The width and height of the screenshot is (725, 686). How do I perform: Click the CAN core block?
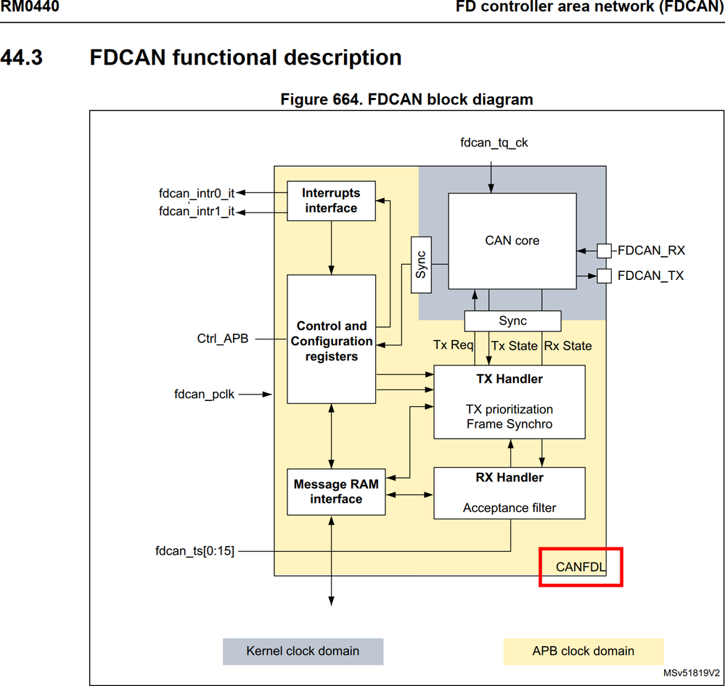coord(512,241)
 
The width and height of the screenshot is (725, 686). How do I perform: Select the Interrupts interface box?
coord(331,201)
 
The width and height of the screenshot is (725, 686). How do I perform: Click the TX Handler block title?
coord(509,379)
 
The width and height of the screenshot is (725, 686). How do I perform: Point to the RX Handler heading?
coord(509,477)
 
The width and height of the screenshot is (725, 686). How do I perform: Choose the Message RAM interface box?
coord(336,492)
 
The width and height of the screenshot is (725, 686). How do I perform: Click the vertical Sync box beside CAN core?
coord(421,265)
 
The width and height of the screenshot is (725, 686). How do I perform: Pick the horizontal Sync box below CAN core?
coord(512,321)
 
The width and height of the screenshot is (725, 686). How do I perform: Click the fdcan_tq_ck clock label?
coord(493,143)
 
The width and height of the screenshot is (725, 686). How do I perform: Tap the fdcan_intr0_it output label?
coord(196,194)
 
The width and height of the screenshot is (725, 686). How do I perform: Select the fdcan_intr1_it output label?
coord(196,212)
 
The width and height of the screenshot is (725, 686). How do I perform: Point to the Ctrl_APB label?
coord(222,338)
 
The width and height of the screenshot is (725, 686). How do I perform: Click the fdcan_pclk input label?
coord(204,394)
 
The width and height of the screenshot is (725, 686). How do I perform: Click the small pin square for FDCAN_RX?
coord(603,251)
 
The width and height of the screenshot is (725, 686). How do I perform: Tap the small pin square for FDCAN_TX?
coord(603,276)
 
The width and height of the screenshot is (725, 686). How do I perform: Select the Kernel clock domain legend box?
coord(303,651)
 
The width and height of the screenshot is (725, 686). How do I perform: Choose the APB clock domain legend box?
coord(583,651)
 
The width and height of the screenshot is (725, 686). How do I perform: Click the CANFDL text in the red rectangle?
coord(581,567)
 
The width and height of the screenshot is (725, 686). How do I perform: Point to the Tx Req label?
coord(453,345)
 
